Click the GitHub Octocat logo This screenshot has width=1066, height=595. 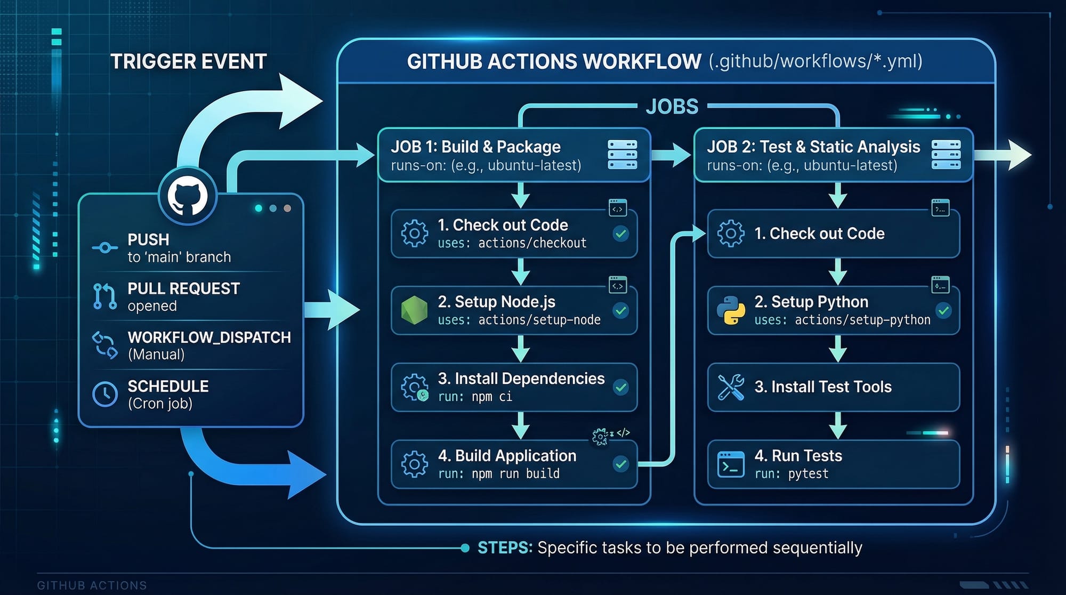tap(188, 196)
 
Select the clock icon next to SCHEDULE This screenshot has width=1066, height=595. tap(105, 395)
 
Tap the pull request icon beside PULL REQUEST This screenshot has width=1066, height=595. tap(105, 296)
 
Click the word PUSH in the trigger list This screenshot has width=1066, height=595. tap(148, 239)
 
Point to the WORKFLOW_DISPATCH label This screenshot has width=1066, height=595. tap(209, 337)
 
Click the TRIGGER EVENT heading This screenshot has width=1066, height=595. tap(188, 62)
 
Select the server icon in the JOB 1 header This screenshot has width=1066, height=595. tap(622, 155)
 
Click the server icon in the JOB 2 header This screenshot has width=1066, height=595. tap(946, 155)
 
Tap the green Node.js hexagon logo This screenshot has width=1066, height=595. tap(414, 310)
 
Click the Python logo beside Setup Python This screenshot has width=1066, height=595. tap(731, 310)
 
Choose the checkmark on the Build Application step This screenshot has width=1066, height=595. tap(620, 464)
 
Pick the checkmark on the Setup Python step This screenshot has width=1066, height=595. tap(943, 310)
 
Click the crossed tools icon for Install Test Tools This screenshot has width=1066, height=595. tap(731, 387)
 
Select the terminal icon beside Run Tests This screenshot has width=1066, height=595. tap(731, 464)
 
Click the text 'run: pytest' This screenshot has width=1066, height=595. tap(792, 473)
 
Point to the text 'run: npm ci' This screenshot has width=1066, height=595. tap(475, 397)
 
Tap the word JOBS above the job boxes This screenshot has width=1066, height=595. tap(672, 107)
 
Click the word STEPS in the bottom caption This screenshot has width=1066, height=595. tap(504, 548)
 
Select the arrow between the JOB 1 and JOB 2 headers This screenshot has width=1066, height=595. tap(671, 155)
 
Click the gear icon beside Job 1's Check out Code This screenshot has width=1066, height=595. tap(414, 234)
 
